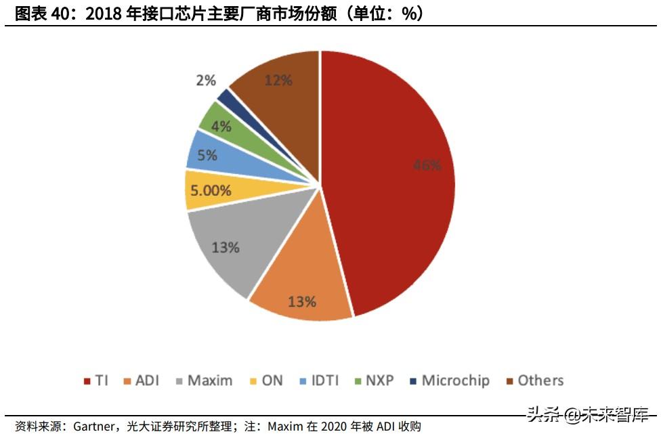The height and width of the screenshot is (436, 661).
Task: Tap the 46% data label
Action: pyautogui.click(x=427, y=165)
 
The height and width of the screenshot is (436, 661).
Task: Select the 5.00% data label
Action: pyautogui.click(x=210, y=191)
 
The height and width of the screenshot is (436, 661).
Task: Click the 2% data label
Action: pyautogui.click(x=205, y=81)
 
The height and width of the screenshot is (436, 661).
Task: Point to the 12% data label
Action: pyautogui.click(x=278, y=81)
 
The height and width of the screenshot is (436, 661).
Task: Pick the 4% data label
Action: pyautogui.click(x=221, y=126)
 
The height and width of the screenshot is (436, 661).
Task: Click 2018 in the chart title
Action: pyautogui.click(x=104, y=14)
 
